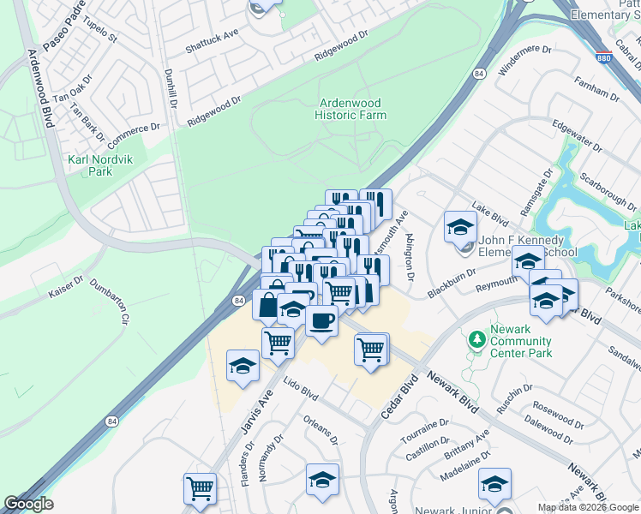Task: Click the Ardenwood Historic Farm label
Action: point(350,109)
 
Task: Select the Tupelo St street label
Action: point(100,28)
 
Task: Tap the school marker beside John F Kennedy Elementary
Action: point(460,227)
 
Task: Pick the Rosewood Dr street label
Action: point(558,412)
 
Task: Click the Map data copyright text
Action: point(588,507)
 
